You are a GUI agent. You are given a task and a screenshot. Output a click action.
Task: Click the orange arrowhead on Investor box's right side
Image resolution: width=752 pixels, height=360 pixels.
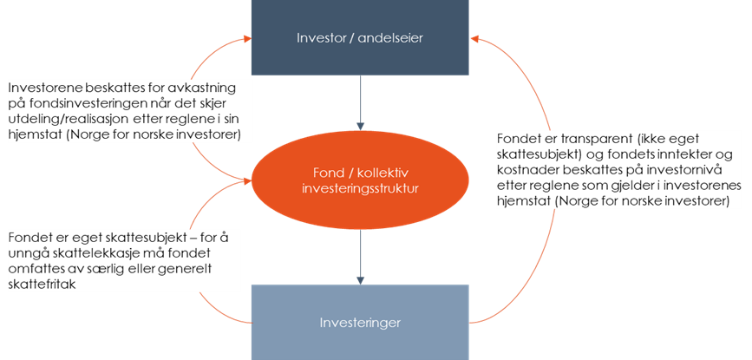[477, 38]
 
